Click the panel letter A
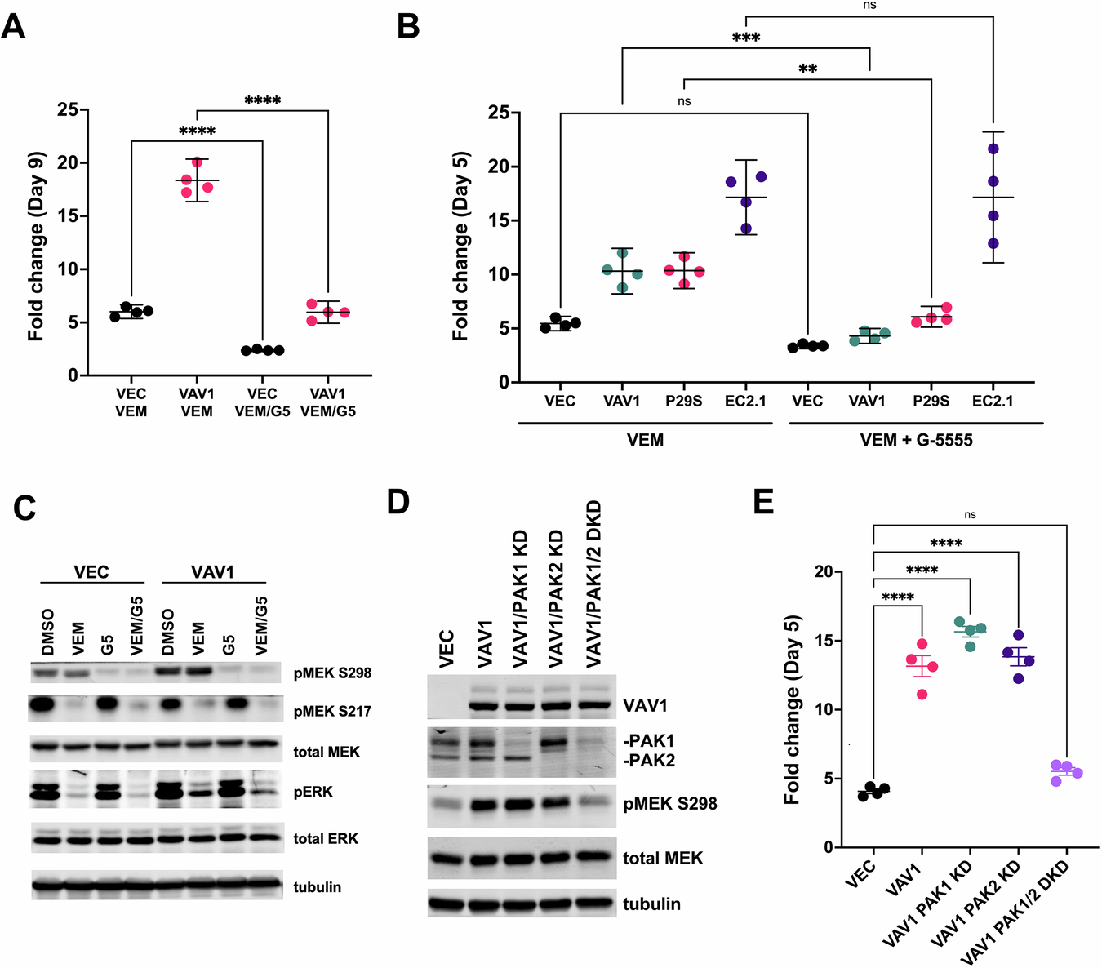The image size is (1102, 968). (x=14, y=26)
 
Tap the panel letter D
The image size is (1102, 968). (x=398, y=501)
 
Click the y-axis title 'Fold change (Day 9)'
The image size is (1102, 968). (x=36, y=246)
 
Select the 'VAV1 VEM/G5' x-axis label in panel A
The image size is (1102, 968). (x=327, y=402)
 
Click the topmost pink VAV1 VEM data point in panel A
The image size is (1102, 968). (x=197, y=162)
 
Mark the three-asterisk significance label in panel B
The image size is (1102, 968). (x=745, y=38)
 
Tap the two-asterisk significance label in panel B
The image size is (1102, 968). (x=807, y=69)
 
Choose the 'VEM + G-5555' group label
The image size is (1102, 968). (x=916, y=440)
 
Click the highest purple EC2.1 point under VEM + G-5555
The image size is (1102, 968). (x=993, y=149)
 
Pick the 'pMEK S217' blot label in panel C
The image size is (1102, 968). (x=332, y=711)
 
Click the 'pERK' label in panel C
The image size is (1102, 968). (x=313, y=792)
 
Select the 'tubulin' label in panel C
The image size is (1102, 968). (x=317, y=886)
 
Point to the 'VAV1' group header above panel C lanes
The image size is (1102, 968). (x=212, y=572)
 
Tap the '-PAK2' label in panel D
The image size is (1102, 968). (x=649, y=760)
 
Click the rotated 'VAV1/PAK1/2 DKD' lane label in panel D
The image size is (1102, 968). (x=593, y=584)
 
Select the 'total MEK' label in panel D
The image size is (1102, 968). (x=662, y=858)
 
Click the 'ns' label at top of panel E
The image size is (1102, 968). (x=970, y=515)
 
